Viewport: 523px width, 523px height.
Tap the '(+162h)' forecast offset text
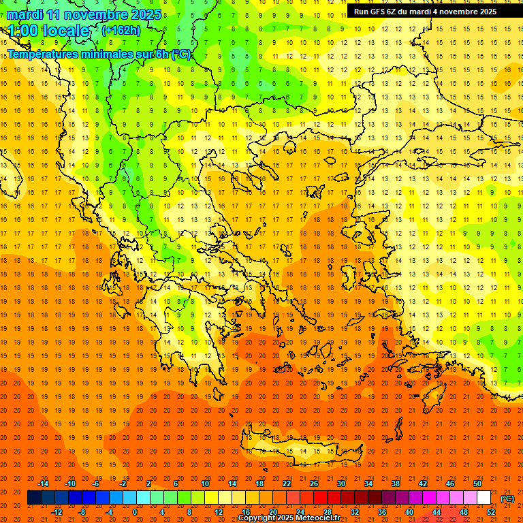121,31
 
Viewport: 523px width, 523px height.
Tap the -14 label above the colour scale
44,484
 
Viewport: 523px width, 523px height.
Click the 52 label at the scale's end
491,512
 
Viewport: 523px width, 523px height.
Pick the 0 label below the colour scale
134,512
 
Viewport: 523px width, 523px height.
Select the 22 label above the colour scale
287,484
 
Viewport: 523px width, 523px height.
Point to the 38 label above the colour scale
396,484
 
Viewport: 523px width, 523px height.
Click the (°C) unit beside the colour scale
507,498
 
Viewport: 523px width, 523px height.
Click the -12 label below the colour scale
57,512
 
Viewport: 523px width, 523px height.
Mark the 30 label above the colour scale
341,484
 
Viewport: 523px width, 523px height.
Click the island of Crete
293,451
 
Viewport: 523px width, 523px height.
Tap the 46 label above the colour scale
450,484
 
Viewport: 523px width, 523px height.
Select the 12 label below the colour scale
219,512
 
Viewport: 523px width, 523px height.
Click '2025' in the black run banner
486,12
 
